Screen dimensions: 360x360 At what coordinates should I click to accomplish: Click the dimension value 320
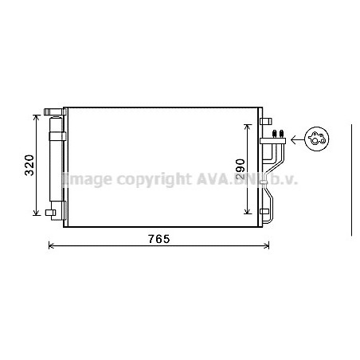(x=29, y=165)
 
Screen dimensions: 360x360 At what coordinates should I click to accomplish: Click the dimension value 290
(x=241, y=169)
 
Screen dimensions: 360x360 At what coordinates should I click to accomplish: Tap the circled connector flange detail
(x=316, y=139)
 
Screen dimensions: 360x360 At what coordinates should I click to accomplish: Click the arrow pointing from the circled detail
(x=297, y=139)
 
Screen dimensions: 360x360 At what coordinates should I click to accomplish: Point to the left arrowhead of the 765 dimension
(x=51, y=246)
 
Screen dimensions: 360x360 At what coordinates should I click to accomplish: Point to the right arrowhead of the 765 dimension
(x=267, y=246)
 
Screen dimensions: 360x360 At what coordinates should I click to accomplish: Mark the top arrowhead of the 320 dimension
(x=36, y=118)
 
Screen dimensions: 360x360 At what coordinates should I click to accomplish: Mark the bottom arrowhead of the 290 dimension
(x=248, y=211)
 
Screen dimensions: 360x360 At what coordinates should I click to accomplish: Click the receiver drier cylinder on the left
(x=56, y=158)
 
